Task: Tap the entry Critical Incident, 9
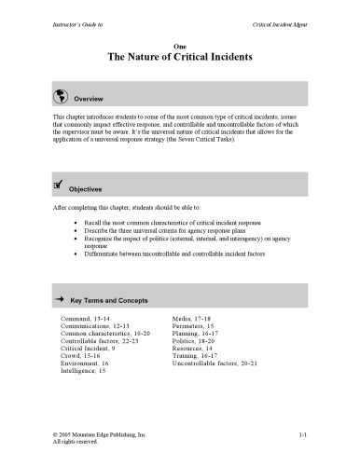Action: click(x=91, y=348)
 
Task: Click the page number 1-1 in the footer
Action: click(x=303, y=434)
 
